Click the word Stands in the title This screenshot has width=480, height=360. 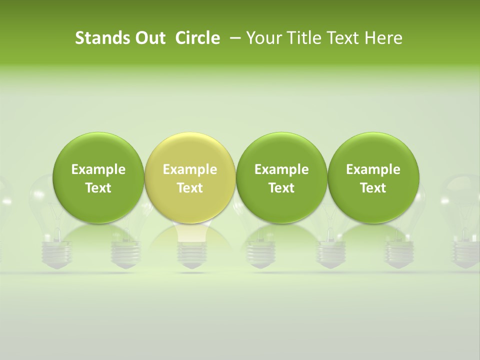click(100, 38)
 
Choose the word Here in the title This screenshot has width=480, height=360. click(383, 38)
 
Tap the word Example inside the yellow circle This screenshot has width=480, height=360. click(190, 170)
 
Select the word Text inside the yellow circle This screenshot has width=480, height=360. click(190, 188)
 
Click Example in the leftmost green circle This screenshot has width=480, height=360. click(98, 170)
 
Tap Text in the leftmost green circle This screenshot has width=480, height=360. click(98, 188)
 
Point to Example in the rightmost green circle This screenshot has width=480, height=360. click(373, 170)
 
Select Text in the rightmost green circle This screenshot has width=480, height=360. click(373, 188)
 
